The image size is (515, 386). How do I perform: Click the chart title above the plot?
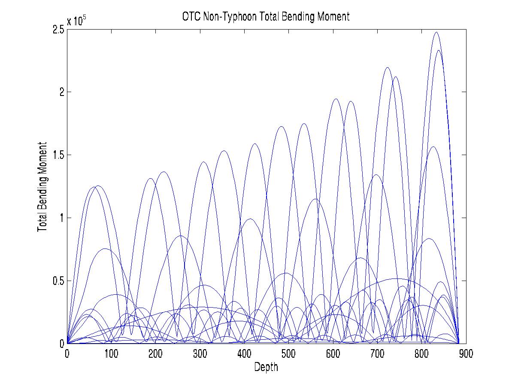pos(266,17)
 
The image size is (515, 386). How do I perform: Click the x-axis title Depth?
pos(266,367)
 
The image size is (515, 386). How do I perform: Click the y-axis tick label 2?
pos(62,92)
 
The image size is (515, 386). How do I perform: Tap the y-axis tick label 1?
pos(62,218)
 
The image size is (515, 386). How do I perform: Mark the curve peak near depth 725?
pos(388,67)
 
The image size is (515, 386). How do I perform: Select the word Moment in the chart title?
pos(336,17)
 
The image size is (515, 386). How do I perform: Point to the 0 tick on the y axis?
pos(62,343)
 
